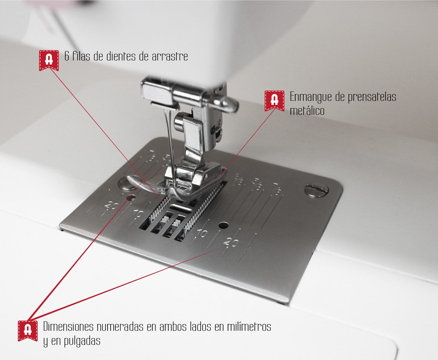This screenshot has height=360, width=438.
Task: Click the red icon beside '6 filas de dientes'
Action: (49, 60)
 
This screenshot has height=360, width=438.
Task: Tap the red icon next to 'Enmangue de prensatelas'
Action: (274, 100)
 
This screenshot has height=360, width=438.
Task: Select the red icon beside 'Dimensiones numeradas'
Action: (28, 330)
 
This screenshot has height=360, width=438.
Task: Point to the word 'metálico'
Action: (307, 111)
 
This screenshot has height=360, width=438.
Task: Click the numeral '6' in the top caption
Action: (67, 57)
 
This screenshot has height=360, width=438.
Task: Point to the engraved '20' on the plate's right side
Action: (230, 242)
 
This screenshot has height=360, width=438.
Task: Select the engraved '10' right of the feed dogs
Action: (202, 234)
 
